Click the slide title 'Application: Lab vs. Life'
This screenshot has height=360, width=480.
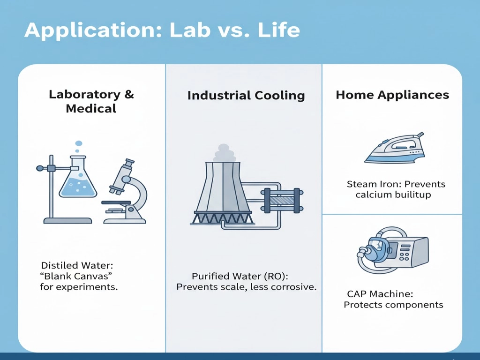point(162,30)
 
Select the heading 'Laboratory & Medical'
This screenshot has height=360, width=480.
point(91,101)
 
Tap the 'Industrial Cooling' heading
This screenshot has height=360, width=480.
point(246,96)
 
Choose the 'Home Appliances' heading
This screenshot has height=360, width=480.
point(392,95)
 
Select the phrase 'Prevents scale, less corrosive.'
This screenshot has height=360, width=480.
point(246,287)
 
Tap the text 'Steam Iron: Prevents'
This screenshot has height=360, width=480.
point(396,184)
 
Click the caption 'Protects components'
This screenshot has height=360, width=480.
point(393,305)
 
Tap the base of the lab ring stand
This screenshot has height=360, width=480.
point(67,220)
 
